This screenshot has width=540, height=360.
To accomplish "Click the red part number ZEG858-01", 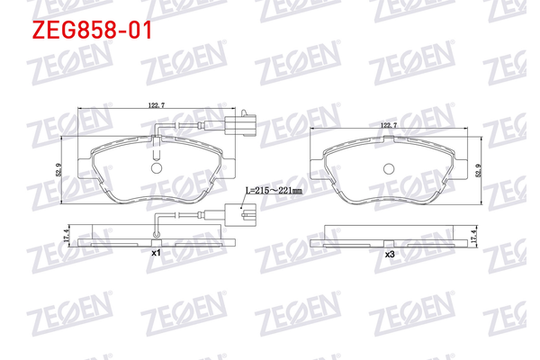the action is point(92,30).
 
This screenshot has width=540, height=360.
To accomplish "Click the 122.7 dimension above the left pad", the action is point(157,105).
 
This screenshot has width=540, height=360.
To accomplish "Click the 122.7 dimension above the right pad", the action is point(389,125).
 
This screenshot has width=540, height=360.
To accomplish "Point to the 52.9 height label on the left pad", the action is point(58,170).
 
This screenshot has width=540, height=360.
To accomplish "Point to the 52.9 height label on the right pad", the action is point(478,170).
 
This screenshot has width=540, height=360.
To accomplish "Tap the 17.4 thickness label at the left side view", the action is point(67,236).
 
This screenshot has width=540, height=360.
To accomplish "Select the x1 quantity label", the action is point(157,253).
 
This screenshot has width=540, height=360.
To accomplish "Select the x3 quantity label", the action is point(389,255).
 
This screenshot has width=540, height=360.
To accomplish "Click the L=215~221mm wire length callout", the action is point(274,190).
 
